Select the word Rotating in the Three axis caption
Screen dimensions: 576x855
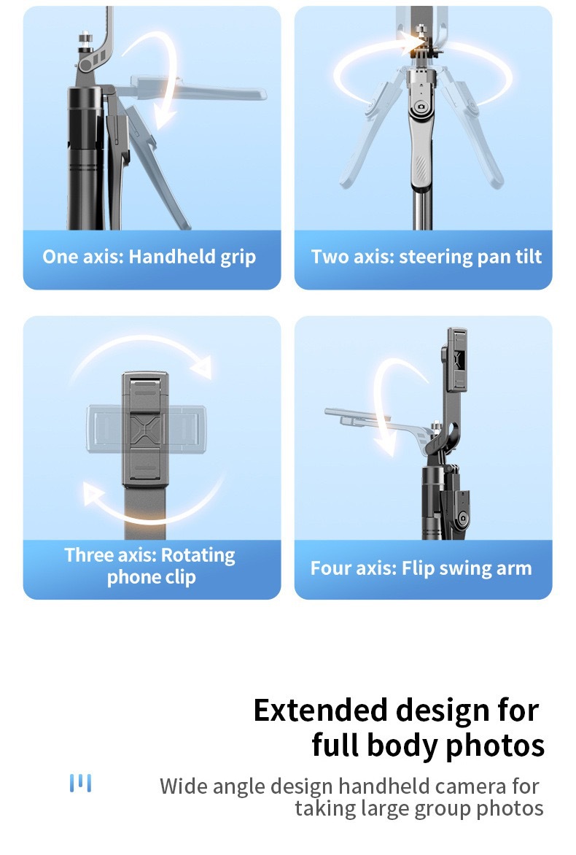tap(198, 555)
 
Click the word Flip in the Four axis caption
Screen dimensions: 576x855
tap(418, 568)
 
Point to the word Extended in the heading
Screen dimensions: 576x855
tap(322, 711)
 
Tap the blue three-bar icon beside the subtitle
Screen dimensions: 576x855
tap(80, 783)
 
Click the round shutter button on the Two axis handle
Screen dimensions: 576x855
tap(420, 107)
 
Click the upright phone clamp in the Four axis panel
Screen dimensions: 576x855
tap(457, 360)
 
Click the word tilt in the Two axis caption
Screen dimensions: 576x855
tap(529, 256)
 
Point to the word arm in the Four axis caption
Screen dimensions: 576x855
tap(514, 569)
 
